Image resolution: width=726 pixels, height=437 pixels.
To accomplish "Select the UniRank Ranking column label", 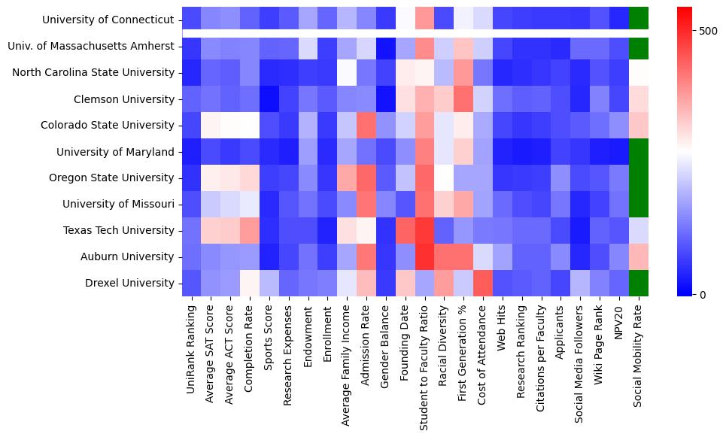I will (x=191, y=349).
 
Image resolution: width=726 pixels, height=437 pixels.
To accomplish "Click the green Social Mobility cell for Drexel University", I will (x=638, y=284).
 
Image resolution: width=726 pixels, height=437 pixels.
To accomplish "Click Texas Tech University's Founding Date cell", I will (x=406, y=231).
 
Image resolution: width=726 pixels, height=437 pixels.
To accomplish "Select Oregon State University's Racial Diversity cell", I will (x=442, y=178).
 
